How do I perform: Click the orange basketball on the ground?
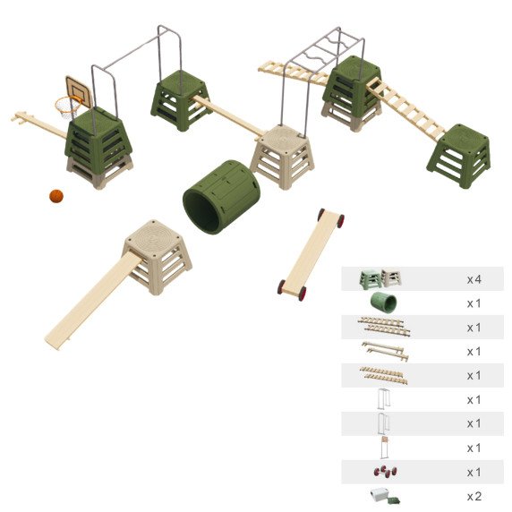click(56, 196)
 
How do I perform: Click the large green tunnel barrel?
click(221, 197)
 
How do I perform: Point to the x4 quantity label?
click(474, 279)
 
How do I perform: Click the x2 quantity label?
click(474, 497)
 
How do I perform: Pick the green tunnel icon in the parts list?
click(383, 302)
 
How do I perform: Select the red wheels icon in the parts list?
click(386, 472)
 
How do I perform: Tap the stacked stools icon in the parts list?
click(380, 279)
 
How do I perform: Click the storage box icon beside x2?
click(385, 496)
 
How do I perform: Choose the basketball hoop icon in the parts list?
click(384, 448)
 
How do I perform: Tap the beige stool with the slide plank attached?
click(157, 256)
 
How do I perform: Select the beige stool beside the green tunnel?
click(283, 156)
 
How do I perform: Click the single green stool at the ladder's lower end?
click(459, 156)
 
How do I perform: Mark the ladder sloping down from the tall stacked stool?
click(405, 108)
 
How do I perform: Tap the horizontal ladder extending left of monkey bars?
click(294, 73)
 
